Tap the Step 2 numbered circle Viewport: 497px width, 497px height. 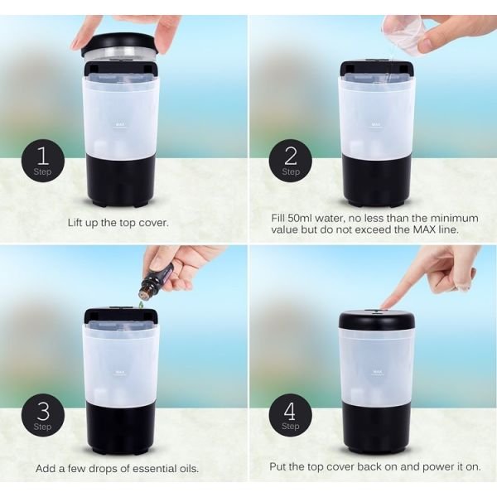(x=291, y=161)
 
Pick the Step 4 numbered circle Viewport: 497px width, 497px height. (x=291, y=415)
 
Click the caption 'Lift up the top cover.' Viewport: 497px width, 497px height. (x=118, y=223)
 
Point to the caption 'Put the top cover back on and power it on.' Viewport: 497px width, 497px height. (x=374, y=466)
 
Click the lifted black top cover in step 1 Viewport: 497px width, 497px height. (x=120, y=44)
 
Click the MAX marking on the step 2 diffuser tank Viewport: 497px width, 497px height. (x=376, y=126)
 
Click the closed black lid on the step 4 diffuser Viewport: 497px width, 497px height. (x=377, y=321)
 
